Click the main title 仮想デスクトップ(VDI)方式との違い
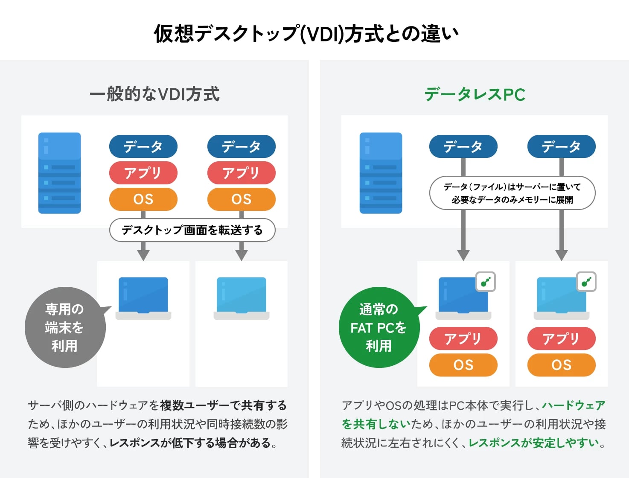point(306,34)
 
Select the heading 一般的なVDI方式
point(154,94)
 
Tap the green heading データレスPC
point(475,94)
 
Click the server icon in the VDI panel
point(59,173)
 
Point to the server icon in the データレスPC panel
point(381,173)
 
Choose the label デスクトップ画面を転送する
point(192,230)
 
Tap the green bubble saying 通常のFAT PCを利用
point(378,327)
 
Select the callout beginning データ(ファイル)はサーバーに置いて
point(512,193)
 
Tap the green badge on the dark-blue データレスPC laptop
point(486,282)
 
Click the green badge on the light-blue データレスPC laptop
point(586,282)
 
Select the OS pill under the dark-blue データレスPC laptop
point(463,365)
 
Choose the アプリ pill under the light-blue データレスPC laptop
point(561,338)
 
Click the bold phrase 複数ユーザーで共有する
point(223,405)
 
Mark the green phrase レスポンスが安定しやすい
point(534,443)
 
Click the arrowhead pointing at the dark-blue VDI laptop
point(143,255)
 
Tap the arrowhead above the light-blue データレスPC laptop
point(562,255)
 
